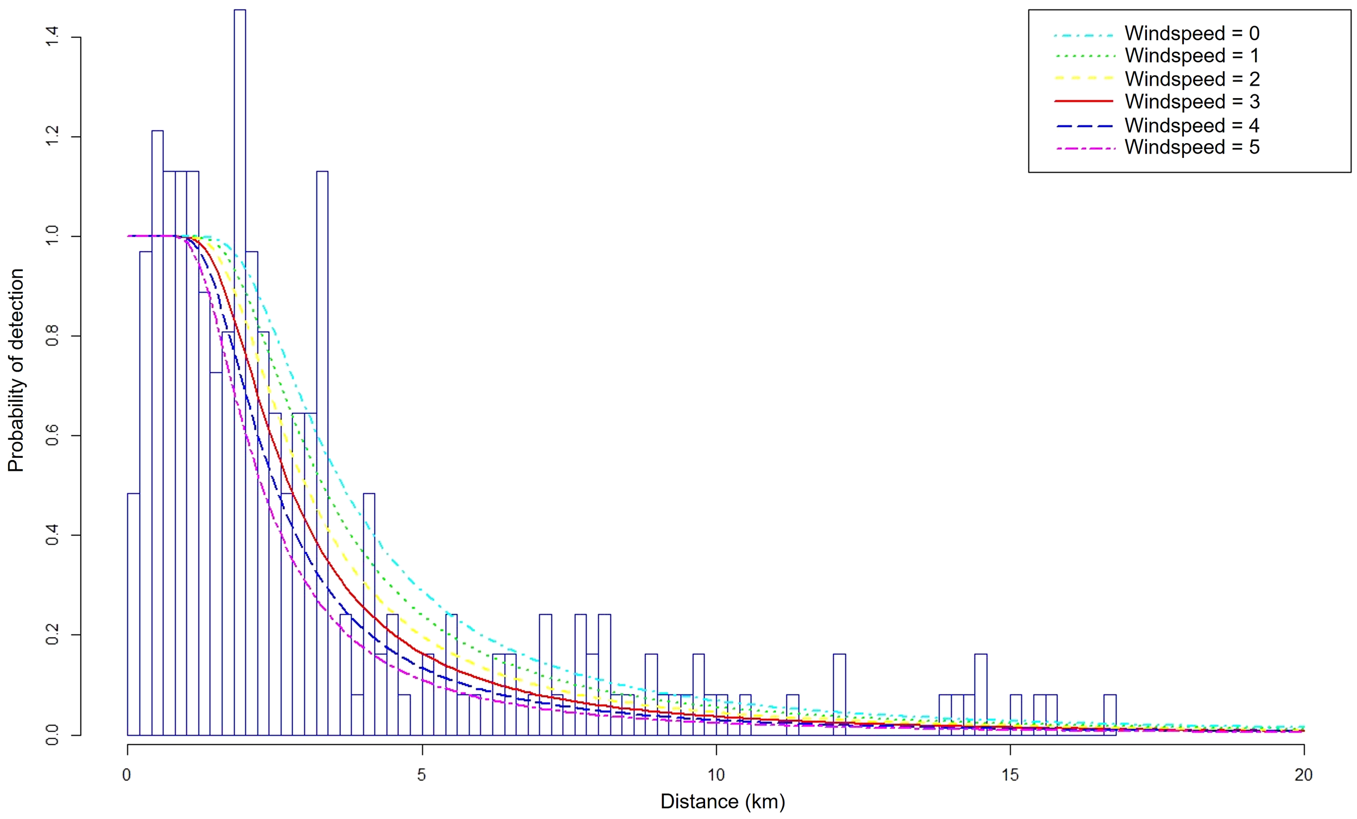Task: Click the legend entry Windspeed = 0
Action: click(1191, 34)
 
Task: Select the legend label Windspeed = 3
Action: click(1191, 102)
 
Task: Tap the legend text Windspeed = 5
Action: click(1191, 148)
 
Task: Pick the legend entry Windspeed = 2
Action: click(1191, 79)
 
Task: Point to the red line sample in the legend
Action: click(1083, 101)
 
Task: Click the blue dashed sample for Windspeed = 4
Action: click(1083, 126)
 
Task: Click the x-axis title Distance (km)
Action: click(722, 802)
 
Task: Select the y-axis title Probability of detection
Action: click(16, 370)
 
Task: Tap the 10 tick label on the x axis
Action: click(715, 775)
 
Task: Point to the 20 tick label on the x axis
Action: click(1303, 775)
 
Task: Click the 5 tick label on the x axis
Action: click(421, 775)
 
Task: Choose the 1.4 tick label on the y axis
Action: click(52, 37)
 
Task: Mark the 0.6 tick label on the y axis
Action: click(52, 436)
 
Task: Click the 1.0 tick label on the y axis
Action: click(52, 236)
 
